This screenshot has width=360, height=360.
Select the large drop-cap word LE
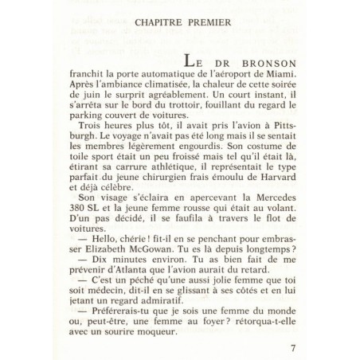(197, 61)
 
